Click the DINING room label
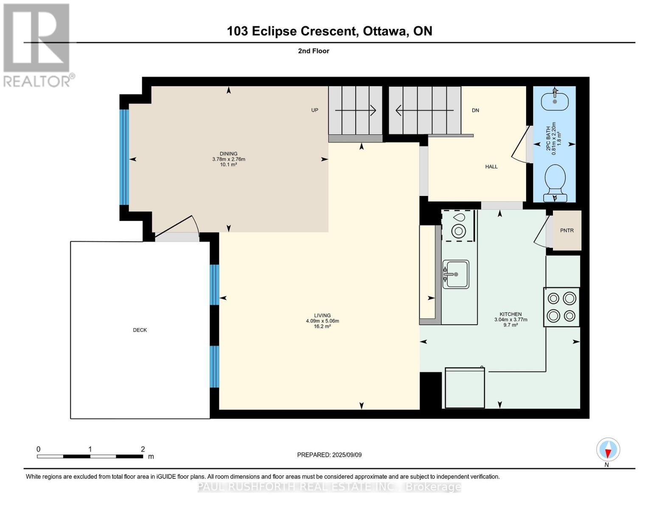click(x=228, y=154)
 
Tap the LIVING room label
click(x=322, y=316)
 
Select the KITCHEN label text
click(x=510, y=314)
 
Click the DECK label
click(x=140, y=330)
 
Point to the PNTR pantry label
click(x=566, y=230)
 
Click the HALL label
click(x=491, y=167)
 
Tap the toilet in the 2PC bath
click(x=555, y=183)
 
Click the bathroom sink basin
click(x=555, y=100)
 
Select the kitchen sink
click(x=456, y=274)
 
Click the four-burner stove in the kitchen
click(x=561, y=307)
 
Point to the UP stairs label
click(x=314, y=110)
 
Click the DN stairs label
click(x=475, y=110)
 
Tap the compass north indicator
click(x=608, y=450)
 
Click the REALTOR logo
click(x=37, y=45)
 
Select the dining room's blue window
click(x=124, y=157)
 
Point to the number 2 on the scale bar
click(x=143, y=449)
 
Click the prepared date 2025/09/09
click(x=347, y=455)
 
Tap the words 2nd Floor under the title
click(x=314, y=51)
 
